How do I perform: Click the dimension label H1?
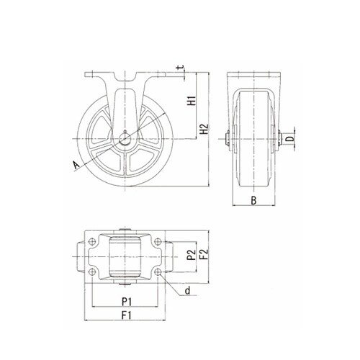click(192, 101)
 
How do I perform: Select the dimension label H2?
click(204, 129)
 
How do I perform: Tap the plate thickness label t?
click(181, 68)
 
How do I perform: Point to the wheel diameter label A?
click(76, 166)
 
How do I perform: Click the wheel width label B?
click(253, 200)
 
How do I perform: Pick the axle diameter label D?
click(290, 139)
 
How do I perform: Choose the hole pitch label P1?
click(127, 302)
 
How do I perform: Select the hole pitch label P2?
click(192, 255)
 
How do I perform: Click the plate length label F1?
click(127, 315)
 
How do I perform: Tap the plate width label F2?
click(204, 254)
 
